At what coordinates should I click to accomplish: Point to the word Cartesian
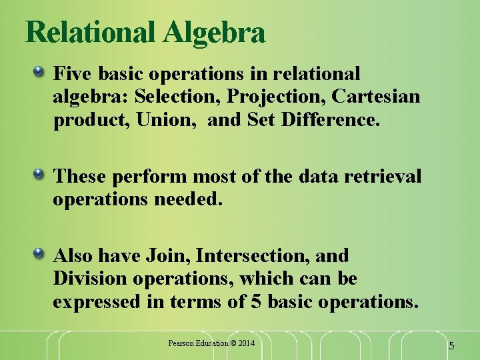(x=376, y=97)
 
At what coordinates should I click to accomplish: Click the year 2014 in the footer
(x=243, y=343)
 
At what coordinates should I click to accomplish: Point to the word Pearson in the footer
(x=180, y=343)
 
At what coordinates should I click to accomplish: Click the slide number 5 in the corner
(x=451, y=346)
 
